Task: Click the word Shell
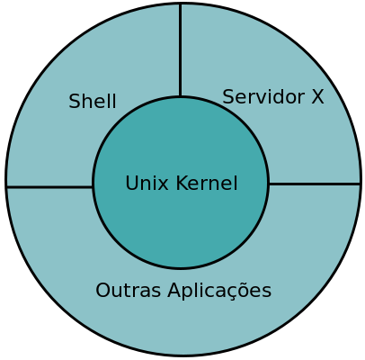click(93, 101)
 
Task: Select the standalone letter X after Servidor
click(317, 97)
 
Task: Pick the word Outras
click(129, 291)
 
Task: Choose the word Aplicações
click(219, 291)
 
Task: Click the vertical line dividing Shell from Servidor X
click(180, 50)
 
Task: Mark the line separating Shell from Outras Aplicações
click(49, 187)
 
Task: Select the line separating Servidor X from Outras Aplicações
click(314, 184)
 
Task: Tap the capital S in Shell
click(75, 101)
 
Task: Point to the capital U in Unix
click(131, 183)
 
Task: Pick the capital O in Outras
click(103, 291)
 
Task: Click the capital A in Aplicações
click(175, 291)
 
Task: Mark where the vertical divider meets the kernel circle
click(180, 96)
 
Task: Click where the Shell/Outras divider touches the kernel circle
click(93, 187)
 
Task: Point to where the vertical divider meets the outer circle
click(180, 4)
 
